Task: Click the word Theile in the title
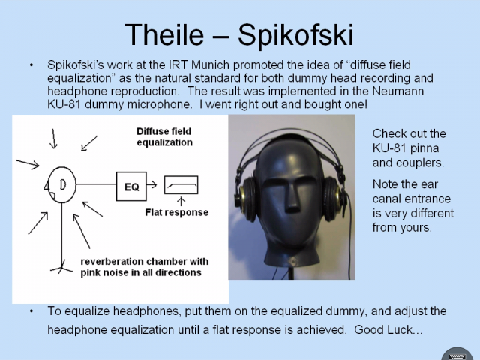[x=164, y=34]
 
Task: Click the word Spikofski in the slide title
[x=295, y=36]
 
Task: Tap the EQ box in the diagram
[x=131, y=187]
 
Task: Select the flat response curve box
[x=181, y=185]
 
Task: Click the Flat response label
[x=177, y=212]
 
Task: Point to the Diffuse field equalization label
[x=164, y=136]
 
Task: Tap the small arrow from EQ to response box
[x=151, y=184]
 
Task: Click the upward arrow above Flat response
[x=181, y=202]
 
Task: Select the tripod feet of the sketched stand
[x=61, y=268]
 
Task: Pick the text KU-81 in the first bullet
[x=64, y=104]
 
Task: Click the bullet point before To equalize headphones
[x=31, y=311]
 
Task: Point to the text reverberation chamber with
[x=145, y=262]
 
